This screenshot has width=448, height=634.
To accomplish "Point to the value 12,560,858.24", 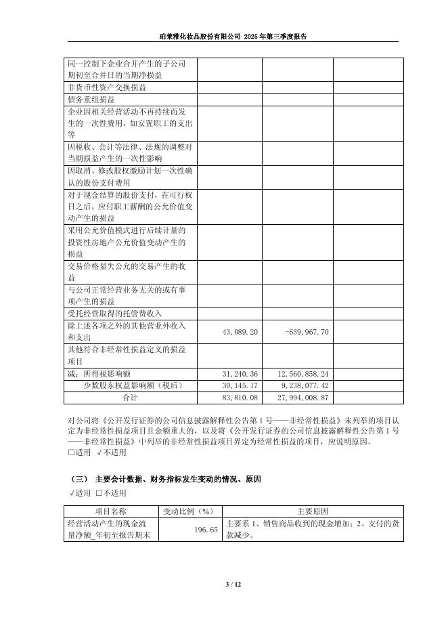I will tap(303, 374).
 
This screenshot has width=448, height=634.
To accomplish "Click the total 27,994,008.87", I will tap(303, 398).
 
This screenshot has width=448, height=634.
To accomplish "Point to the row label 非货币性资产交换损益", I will tap(107, 87).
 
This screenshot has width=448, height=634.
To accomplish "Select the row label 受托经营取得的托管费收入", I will tap(115, 314).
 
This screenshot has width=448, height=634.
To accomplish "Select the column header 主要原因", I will tap(313, 511).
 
